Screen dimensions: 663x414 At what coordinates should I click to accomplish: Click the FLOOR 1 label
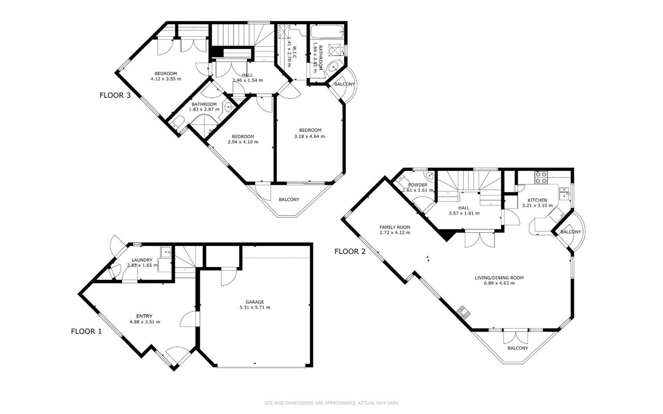(86, 331)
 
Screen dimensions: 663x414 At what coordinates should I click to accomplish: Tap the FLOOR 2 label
(350, 252)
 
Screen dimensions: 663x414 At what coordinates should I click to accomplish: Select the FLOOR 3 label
(115, 95)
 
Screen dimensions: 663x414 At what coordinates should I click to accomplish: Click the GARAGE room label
(255, 302)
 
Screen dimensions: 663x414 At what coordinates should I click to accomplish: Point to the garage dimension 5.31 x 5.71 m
(255, 307)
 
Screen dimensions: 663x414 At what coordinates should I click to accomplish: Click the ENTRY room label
(144, 316)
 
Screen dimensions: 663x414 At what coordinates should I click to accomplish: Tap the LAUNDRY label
(142, 260)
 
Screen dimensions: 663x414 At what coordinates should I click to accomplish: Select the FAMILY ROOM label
(395, 227)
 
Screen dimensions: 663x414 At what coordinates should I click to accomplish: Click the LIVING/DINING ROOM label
(499, 278)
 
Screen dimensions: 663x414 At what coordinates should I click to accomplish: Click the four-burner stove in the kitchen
(541, 177)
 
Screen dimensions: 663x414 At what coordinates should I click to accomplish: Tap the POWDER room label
(418, 185)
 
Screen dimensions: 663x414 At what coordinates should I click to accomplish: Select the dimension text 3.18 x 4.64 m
(310, 137)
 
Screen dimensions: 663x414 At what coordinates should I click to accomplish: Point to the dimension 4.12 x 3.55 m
(166, 79)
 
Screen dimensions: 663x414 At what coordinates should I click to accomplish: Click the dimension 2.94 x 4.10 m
(243, 142)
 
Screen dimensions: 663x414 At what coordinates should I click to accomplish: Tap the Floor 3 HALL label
(247, 75)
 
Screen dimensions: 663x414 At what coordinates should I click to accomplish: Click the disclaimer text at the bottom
(331, 403)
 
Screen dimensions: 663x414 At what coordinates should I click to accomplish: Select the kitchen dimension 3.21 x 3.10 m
(537, 205)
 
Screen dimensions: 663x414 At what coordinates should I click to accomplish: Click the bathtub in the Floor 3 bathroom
(327, 32)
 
